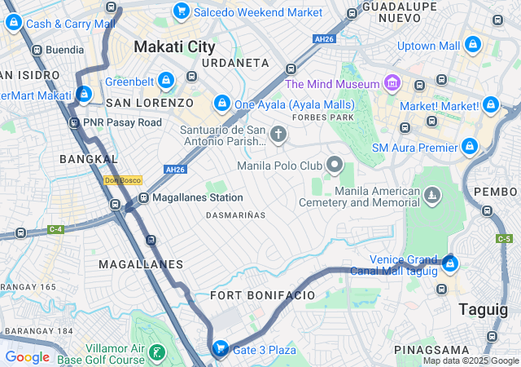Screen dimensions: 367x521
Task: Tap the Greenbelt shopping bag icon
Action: [166, 81]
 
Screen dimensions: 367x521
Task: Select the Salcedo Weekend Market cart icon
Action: [182, 11]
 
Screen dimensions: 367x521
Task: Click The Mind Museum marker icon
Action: [392, 83]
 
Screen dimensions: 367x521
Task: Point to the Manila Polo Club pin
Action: [335, 166]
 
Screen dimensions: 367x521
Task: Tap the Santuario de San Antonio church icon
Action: [279, 134]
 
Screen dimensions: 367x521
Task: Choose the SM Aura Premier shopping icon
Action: [469, 147]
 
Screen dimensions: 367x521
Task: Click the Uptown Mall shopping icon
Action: [473, 45]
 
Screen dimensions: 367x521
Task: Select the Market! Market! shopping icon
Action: [490, 105]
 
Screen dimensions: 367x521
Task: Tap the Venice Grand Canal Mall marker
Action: [450, 263]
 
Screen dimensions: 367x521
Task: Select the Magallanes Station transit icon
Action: [143, 197]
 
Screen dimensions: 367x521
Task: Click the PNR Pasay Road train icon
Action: [75, 122]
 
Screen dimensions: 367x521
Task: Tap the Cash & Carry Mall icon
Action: [14, 23]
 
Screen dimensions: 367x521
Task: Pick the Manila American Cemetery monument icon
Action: [431, 196]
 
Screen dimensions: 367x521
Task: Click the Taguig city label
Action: [484, 309]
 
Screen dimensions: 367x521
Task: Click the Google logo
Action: [28, 357]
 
